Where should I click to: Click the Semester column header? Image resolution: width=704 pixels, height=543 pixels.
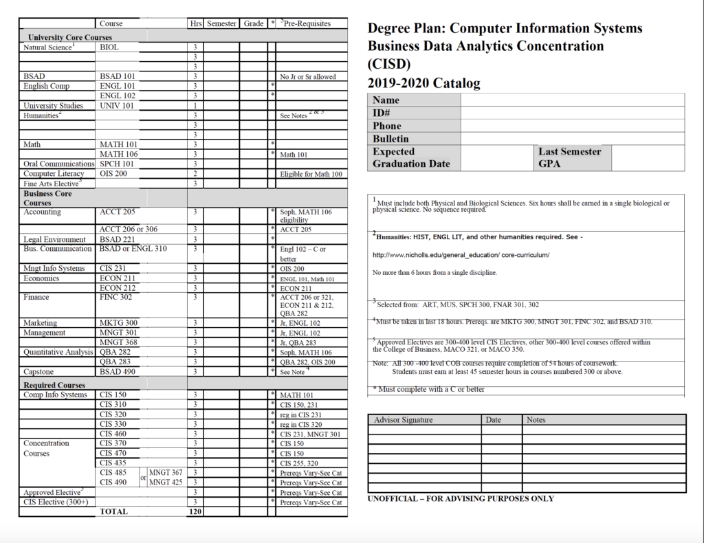221,23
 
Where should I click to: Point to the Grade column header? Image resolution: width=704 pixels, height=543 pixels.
254,23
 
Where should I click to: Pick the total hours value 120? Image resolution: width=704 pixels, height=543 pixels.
195,512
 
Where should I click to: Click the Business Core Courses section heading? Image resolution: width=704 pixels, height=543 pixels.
47,198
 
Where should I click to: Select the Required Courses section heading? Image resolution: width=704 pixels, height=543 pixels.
54,385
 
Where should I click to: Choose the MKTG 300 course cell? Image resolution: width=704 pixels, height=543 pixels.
118,323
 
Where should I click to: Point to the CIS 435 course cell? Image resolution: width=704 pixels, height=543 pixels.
113,463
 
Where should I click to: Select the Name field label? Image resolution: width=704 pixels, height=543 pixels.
386,100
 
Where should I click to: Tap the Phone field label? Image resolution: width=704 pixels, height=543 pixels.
387,126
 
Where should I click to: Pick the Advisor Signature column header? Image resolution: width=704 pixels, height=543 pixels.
404,420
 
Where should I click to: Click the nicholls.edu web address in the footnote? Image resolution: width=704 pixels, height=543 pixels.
461,255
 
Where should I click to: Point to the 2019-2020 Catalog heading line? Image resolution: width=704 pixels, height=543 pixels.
424,84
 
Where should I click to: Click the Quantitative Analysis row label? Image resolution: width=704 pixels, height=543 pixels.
58,352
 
